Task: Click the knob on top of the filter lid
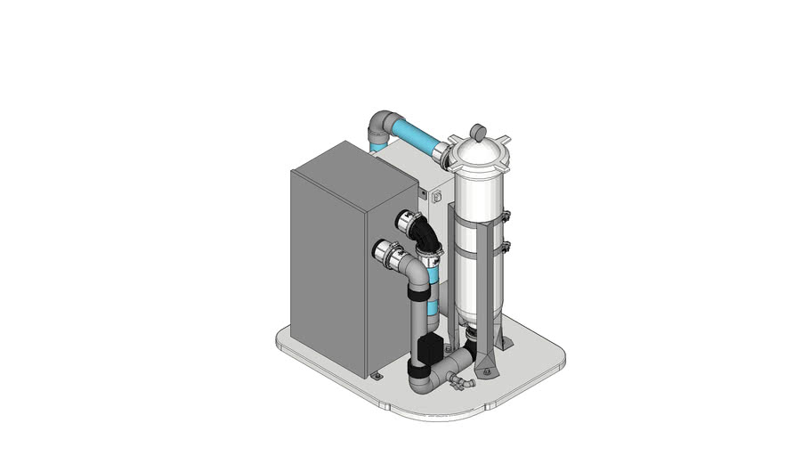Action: [478, 132]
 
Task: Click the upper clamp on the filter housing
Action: [503, 216]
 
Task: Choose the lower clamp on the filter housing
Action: [504, 245]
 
